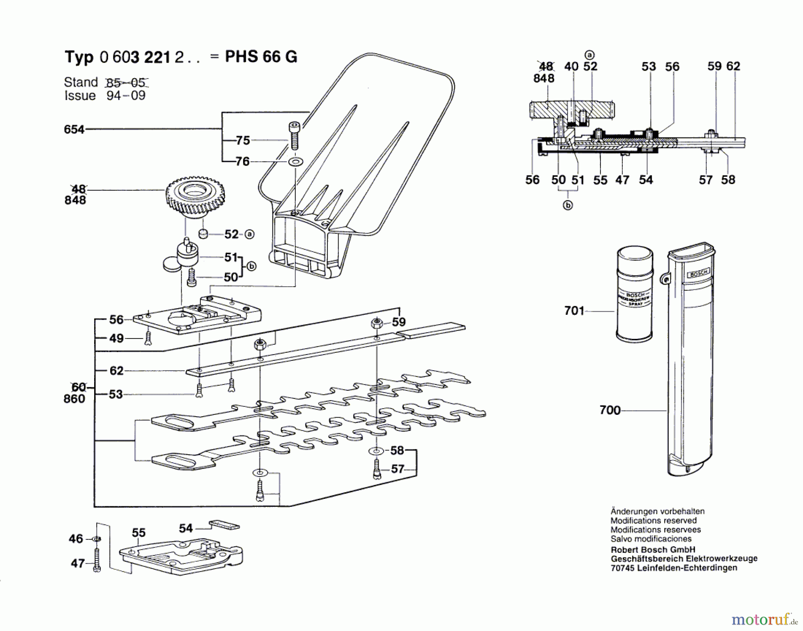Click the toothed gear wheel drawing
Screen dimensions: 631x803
(195, 197)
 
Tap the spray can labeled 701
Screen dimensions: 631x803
(634, 294)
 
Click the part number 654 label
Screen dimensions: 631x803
(74, 130)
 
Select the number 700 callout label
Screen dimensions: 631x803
(610, 410)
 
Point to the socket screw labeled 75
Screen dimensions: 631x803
(294, 136)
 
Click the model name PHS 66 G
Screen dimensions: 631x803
(261, 57)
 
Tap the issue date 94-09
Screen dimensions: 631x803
(126, 96)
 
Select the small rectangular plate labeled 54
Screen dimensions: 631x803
(224, 525)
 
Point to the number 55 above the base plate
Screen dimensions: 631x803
(138, 533)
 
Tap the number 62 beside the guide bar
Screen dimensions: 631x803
(116, 371)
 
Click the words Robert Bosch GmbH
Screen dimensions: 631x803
(653, 550)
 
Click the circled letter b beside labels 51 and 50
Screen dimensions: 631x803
(252, 266)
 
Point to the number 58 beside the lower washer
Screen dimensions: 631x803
(397, 450)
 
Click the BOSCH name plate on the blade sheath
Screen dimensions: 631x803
(699, 273)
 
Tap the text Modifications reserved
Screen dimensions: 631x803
(653, 521)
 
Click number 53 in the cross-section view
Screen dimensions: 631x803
(648, 67)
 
